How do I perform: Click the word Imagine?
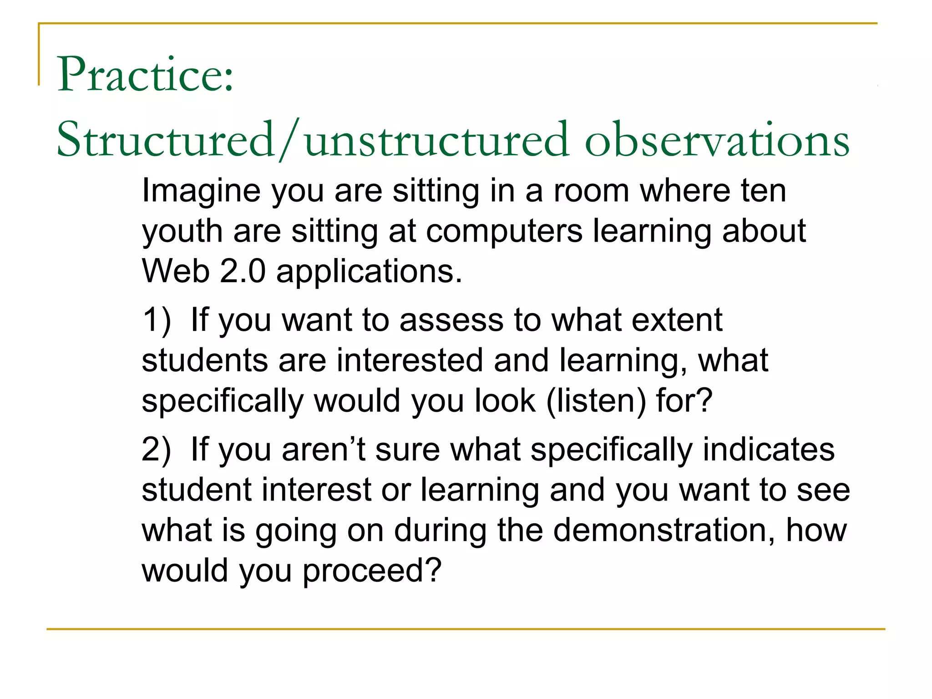coord(201,191)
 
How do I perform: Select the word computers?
coord(504,231)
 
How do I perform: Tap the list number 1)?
coord(157,320)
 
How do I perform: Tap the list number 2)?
coord(157,450)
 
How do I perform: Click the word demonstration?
coord(664,531)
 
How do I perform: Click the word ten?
coord(764,191)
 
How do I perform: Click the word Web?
coord(175,272)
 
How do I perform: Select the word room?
coord(591,191)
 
